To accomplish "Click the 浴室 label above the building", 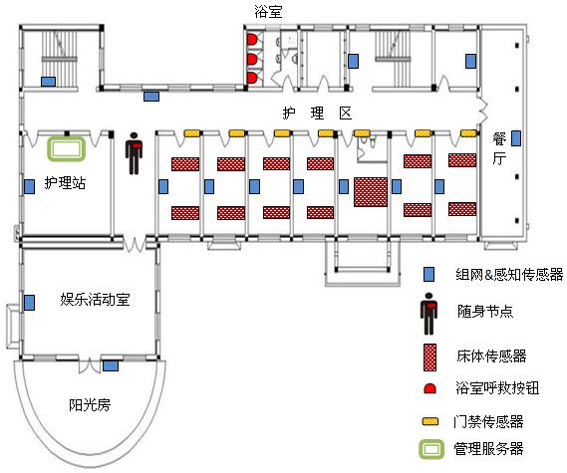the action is [x=268, y=11].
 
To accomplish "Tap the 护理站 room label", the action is [x=65, y=183].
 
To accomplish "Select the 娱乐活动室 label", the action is [x=95, y=300].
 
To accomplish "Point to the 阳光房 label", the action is [x=90, y=404].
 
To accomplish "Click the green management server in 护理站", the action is [x=66, y=149].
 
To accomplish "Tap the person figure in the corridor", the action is [x=134, y=153].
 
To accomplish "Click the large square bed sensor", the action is [x=371, y=192].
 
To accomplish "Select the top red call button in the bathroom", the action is [x=252, y=40].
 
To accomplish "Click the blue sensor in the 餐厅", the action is [x=516, y=138].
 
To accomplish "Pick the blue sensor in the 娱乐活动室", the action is [x=29, y=303].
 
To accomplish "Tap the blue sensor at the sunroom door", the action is [x=111, y=366].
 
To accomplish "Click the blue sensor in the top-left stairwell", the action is [x=48, y=82].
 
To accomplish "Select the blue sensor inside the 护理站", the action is [x=29, y=186].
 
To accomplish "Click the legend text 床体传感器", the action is [x=491, y=355].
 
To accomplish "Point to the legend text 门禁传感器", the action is [x=488, y=421].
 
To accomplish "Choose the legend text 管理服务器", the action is [x=488, y=449].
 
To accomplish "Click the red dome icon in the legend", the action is [x=429, y=388].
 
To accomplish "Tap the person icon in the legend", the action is [x=428, y=314].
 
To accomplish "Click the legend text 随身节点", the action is [x=485, y=311].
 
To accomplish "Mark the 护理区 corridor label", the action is [x=317, y=114].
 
